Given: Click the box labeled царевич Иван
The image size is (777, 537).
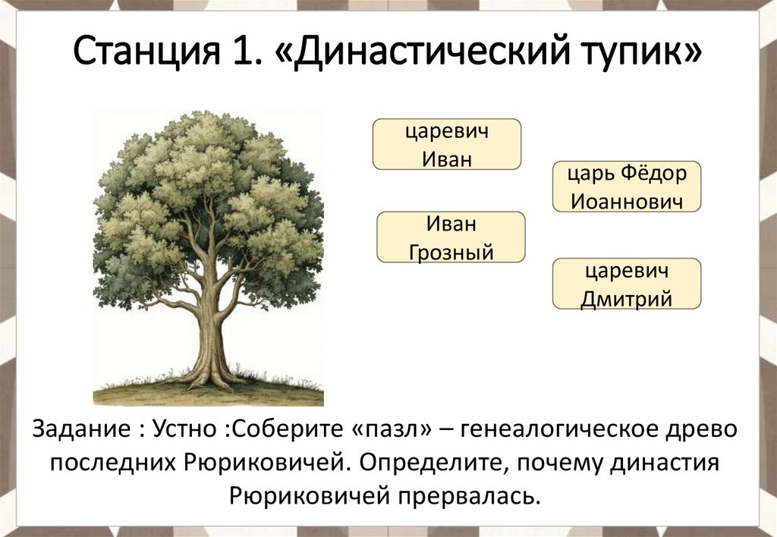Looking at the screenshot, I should coord(446,144).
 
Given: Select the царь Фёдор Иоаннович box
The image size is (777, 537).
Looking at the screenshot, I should coord(627,187).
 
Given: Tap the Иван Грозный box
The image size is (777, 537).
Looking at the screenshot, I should coord(451,237).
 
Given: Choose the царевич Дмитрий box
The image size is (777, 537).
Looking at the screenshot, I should coord(627,284).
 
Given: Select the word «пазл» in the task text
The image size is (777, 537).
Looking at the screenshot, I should coord(392,429).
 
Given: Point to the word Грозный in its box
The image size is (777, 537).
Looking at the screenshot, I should coord(451,250).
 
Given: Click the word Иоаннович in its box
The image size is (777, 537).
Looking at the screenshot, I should coord(627,201).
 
